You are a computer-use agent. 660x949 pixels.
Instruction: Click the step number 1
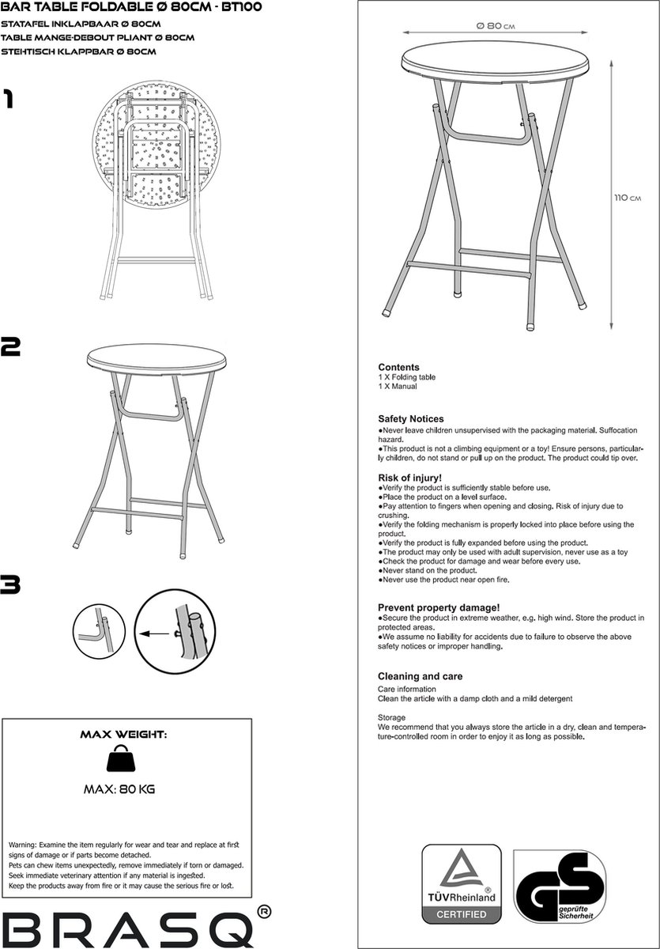8,99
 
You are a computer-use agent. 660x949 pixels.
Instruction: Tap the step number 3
11,585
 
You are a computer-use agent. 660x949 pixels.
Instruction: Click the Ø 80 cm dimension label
496,26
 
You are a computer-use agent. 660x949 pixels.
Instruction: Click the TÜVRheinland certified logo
461,883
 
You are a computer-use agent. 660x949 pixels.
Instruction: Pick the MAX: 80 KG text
123,788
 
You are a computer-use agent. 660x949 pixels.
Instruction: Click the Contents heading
398,368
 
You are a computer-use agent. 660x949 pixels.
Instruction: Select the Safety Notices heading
411,419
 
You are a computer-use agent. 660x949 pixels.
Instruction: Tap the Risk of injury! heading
409,478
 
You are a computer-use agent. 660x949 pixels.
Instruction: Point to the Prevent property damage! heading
439,607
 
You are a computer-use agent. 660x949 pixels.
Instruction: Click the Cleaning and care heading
421,677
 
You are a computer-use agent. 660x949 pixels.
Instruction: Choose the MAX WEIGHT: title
123,734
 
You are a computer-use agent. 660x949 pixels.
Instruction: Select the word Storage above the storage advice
391,717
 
